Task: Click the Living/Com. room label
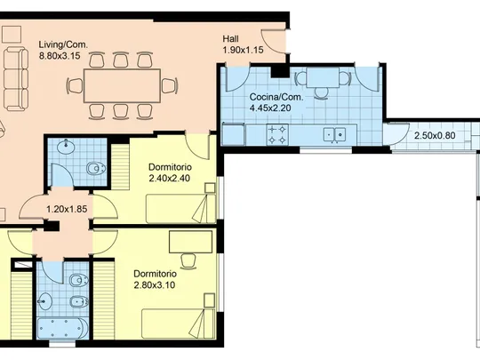point(63,44)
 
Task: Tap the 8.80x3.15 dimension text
point(60,56)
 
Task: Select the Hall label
point(231,39)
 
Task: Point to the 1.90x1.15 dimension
point(243,50)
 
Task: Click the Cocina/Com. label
point(276,98)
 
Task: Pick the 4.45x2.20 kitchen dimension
point(270,108)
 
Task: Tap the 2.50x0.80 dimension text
point(435,135)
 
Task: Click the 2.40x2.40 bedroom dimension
point(170,178)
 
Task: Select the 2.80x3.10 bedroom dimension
point(155,285)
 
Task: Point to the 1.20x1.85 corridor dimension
point(67,210)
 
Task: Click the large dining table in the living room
point(122,85)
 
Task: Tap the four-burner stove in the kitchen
point(277,135)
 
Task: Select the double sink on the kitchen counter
point(334,135)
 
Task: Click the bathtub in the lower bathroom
point(63,329)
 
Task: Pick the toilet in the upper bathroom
point(96,168)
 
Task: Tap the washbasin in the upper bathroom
point(66,147)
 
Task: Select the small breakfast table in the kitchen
point(323,77)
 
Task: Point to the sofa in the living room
point(16,79)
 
